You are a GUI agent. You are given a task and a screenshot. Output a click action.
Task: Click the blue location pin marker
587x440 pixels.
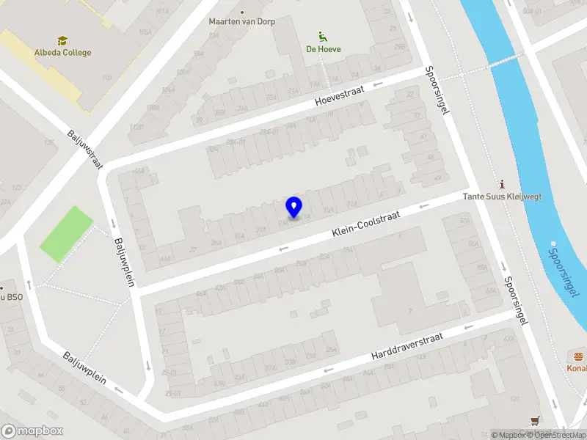click(293, 208)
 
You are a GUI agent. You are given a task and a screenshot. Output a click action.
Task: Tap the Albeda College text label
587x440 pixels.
click(62, 53)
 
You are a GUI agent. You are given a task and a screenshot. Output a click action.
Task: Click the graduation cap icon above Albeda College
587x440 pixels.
click(62, 40)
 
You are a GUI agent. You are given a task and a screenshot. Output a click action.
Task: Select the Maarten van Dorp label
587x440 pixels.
click(241, 21)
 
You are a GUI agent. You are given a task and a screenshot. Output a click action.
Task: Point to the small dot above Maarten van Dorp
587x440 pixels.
click(241, 11)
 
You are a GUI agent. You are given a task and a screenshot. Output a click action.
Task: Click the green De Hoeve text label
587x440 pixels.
click(323, 49)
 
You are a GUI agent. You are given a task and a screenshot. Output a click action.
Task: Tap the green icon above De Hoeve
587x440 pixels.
click(321, 36)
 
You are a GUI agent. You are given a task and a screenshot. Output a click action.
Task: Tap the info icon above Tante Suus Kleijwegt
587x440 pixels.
click(502, 183)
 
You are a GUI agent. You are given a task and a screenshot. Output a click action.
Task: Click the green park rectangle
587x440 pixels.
click(67, 234)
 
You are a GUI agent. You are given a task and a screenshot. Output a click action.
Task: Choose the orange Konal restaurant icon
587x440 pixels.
click(579, 356)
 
